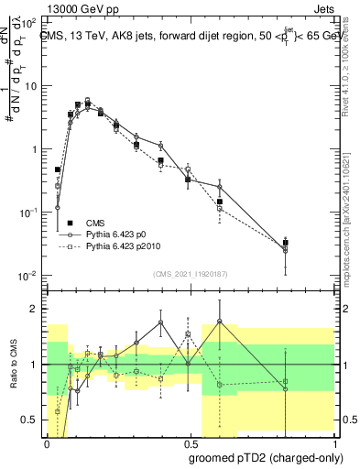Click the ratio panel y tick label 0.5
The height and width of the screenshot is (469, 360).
tap(29, 420)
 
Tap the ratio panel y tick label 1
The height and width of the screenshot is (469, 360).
tap(34, 365)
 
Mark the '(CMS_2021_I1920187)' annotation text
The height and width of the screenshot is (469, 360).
tap(189, 274)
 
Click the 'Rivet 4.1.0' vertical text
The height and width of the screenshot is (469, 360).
tap(353, 64)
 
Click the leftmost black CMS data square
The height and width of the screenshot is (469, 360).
tap(58, 169)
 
